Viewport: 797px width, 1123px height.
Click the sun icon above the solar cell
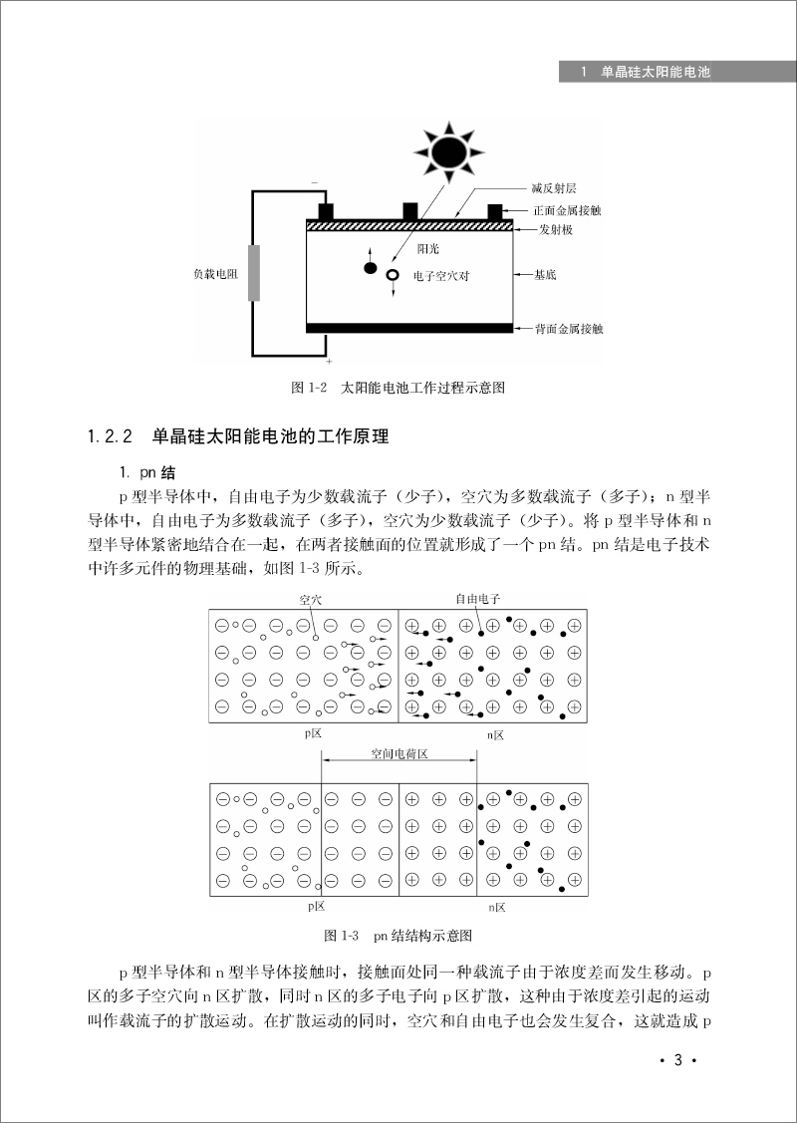click(448, 150)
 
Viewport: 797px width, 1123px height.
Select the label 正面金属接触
click(567, 210)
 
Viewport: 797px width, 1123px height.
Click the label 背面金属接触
click(567, 328)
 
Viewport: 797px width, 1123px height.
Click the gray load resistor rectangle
click(254, 272)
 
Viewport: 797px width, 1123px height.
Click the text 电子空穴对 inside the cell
click(443, 275)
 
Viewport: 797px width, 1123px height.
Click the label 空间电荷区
click(398, 754)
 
